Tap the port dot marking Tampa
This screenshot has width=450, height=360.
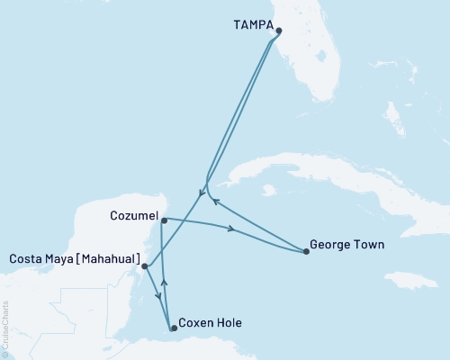(278, 31)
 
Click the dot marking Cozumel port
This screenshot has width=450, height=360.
(163, 220)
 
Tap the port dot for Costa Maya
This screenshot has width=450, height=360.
(145, 266)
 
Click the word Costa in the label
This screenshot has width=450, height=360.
(27, 259)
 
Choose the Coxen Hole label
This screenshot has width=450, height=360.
(210, 321)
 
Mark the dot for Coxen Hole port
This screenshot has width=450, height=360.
(174, 328)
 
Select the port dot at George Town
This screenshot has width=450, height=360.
(307, 252)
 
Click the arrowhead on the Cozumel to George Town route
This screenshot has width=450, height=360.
(232, 230)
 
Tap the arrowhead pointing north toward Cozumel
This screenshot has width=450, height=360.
(164, 283)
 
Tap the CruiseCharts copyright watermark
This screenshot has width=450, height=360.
(5, 328)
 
